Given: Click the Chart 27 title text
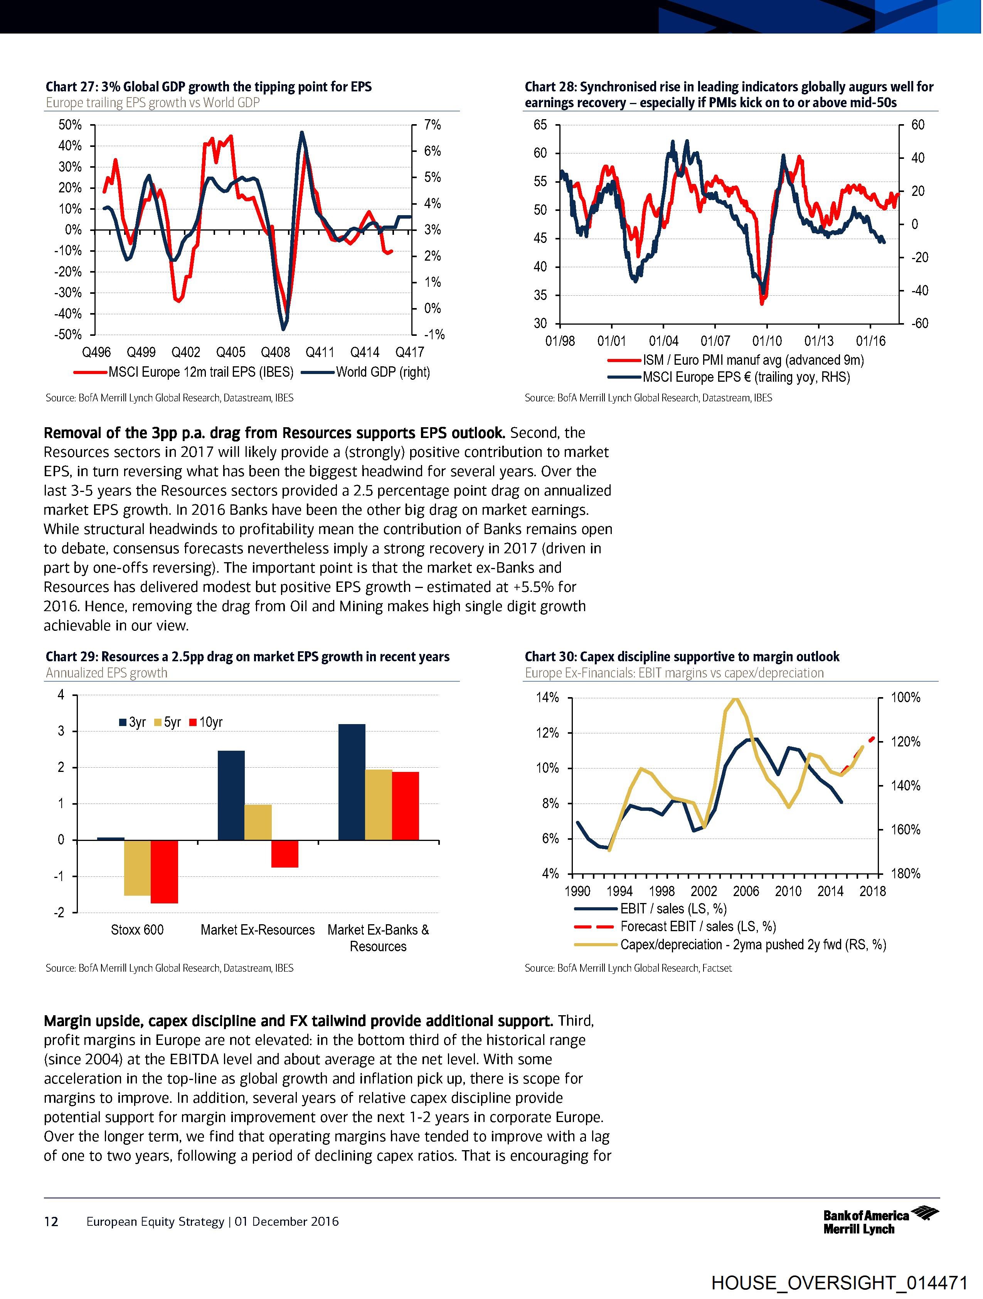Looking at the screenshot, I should (x=209, y=87).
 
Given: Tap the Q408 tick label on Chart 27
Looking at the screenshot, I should (x=275, y=352).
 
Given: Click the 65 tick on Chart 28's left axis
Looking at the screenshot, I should (x=540, y=125).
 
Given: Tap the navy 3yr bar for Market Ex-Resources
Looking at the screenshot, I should (x=231, y=795).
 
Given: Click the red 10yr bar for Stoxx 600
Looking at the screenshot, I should (x=165, y=871).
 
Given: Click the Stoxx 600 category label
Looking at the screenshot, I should (x=137, y=930).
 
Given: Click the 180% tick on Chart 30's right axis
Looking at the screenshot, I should (x=906, y=874).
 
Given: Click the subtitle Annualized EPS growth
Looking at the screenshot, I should (x=106, y=673).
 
